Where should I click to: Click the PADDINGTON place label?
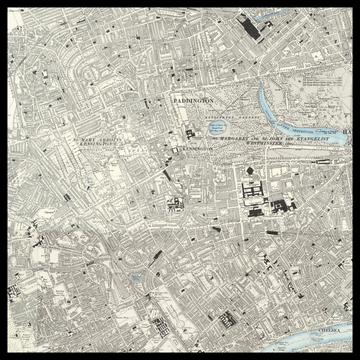pyautogui.click(x=194, y=102)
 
